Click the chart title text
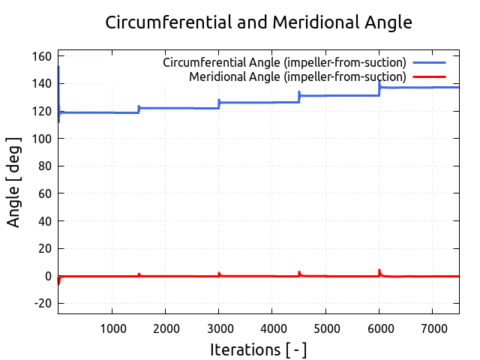click(259, 22)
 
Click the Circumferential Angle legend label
click(284, 62)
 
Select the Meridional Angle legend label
click(297, 76)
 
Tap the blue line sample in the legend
click(428, 62)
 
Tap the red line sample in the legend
click(428, 76)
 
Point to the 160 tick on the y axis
click(42, 57)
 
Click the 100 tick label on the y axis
click(42, 139)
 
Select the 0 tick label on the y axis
click(47, 276)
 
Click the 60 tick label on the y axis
click(45, 194)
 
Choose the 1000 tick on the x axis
click(112, 328)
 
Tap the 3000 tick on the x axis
click(219, 328)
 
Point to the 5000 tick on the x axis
click(325, 328)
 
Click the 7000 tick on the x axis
click(433, 328)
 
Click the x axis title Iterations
click(259, 349)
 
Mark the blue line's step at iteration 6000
click(379, 88)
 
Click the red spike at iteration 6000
click(379, 271)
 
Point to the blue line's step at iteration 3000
click(219, 103)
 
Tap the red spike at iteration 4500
click(299, 273)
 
